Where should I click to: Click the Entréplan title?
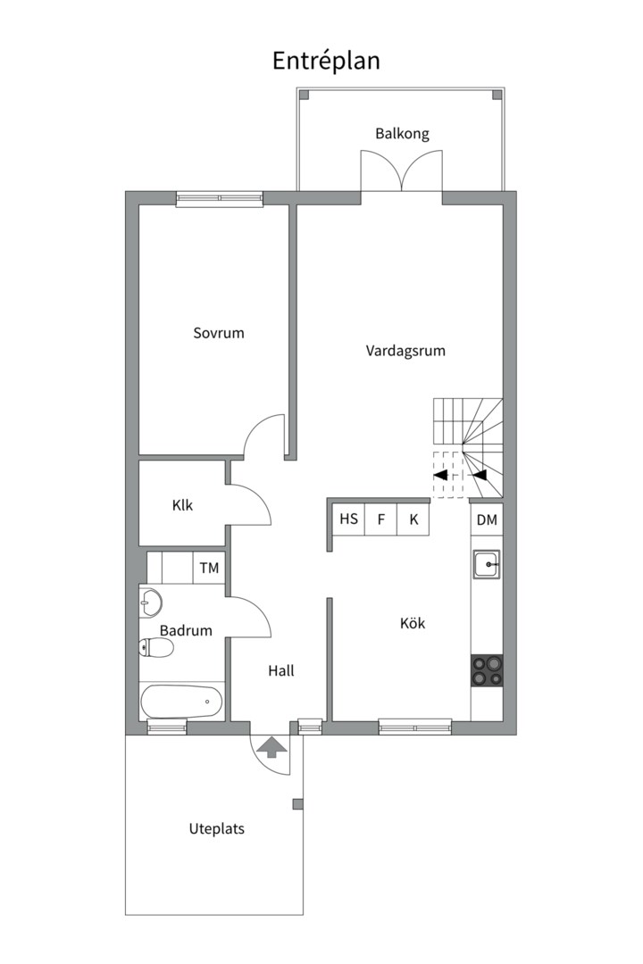[x=326, y=61]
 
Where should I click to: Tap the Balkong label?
[x=402, y=133]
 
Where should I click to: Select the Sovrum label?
[x=219, y=333]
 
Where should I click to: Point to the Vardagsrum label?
[x=405, y=351]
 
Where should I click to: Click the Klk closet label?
[x=182, y=505]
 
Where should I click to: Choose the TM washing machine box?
[x=209, y=568]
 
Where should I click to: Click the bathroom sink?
[x=151, y=602]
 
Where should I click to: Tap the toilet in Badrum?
[x=156, y=648]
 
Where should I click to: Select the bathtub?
[x=181, y=702]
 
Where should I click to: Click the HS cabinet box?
[x=348, y=519]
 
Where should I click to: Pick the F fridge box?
[x=380, y=519]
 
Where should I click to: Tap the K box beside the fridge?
[x=413, y=519]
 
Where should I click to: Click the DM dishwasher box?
[x=487, y=519]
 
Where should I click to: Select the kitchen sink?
[x=487, y=564]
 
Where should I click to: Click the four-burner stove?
[x=487, y=670]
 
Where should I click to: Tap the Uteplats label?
[x=217, y=828]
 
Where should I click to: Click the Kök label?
[x=413, y=623]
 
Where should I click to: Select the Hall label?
[x=281, y=670]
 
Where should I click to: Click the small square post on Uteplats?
[x=297, y=803]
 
